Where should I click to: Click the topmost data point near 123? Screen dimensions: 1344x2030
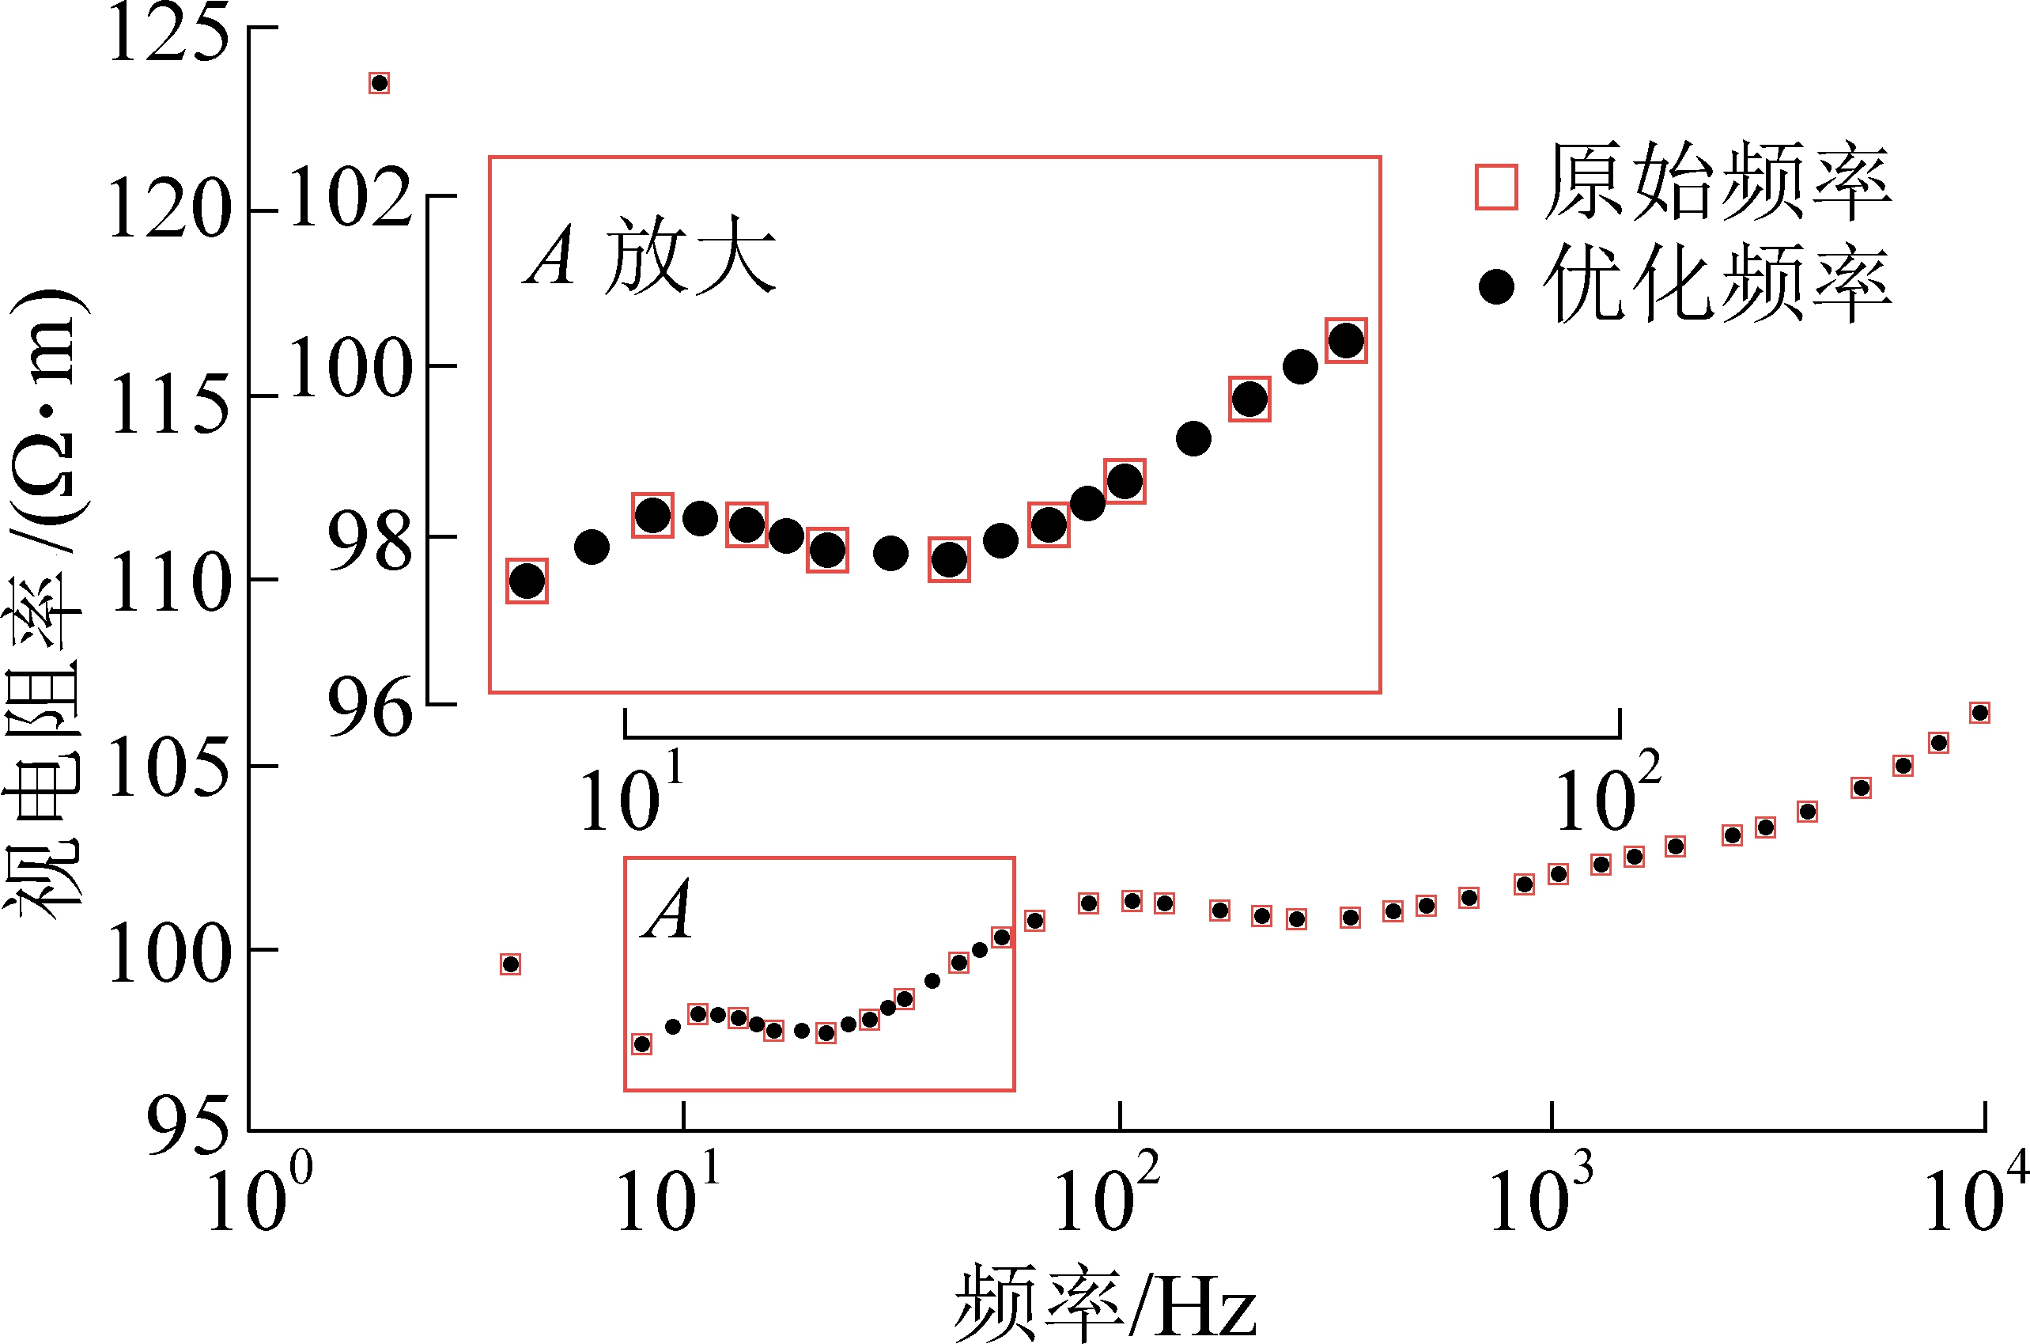379,83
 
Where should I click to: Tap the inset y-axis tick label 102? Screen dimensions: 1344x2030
350,197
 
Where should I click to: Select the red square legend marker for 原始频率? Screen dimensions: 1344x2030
1496,187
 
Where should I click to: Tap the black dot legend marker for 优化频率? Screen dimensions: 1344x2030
1496,286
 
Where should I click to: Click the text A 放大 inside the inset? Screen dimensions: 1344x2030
649,256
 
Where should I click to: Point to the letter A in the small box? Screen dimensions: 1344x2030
669,911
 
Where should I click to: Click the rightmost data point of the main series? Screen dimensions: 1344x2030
1979,712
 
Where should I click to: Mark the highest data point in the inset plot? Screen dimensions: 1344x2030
1345,340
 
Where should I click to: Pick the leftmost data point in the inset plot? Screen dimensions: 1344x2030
526,582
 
